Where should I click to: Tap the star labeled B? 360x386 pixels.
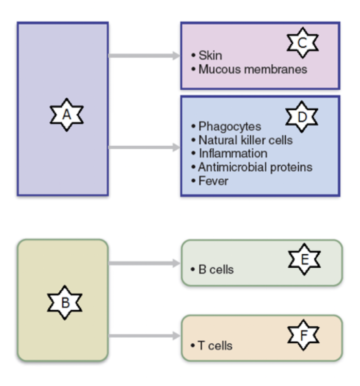pyautogui.click(x=65, y=303)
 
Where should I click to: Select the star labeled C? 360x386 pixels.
pyautogui.click(x=302, y=44)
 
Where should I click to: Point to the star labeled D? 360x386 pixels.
pyautogui.click(x=302, y=117)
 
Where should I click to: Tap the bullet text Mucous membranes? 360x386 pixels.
pyautogui.click(x=252, y=69)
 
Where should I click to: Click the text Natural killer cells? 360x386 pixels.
pyautogui.click(x=245, y=140)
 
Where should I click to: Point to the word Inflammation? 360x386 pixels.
pyautogui.click(x=233, y=153)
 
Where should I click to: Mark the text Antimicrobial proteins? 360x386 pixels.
pyautogui.click(x=255, y=167)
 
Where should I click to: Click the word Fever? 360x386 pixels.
pyautogui.click(x=213, y=181)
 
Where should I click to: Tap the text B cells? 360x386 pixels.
pyautogui.click(x=216, y=269)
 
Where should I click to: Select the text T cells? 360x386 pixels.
pyautogui.click(x=215, y=345)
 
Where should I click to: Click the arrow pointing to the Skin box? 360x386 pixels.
pyautogui.click(x=144, y=56)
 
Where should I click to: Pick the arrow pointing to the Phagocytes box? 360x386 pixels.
pyautogui.click(x=144, y=148)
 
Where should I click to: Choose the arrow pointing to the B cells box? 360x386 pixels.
pyautogui.click(x=144, y=264)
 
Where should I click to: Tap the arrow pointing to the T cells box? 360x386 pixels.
pyautogui.click(x=144, y=336)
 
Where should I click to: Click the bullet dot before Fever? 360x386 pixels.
pyautogui.click(x=193, y=181)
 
